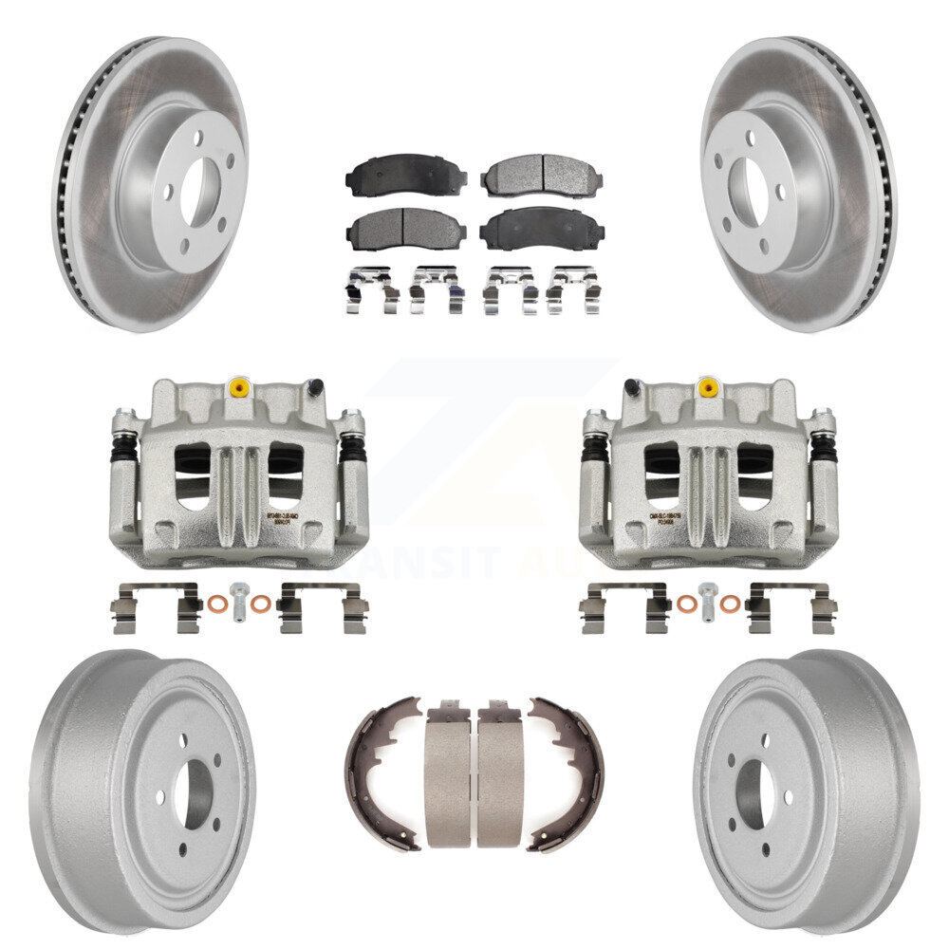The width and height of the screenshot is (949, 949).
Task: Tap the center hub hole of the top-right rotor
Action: (750, 181)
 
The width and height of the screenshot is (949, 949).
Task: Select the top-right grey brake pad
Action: (540, 175)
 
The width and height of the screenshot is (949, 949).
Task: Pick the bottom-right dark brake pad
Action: (540, 229)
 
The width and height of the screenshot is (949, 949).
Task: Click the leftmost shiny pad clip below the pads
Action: (371, 288)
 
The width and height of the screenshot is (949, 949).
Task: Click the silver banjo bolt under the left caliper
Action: (238, 600)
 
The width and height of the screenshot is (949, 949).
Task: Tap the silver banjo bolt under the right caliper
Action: (706, 600)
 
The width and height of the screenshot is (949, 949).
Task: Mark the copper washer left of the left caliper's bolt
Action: (216, 604)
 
